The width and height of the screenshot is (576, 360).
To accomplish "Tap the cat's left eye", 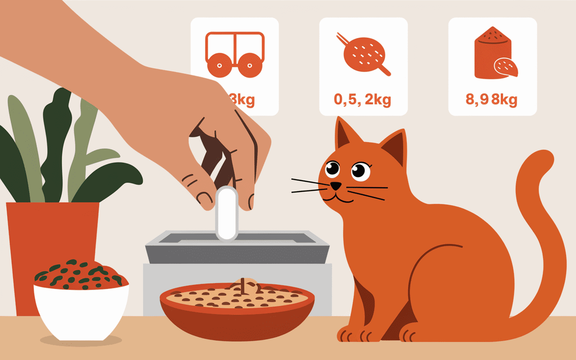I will (333, 168).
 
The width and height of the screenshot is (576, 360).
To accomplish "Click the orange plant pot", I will (53, 234).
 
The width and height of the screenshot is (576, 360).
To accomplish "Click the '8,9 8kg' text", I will (491, 99).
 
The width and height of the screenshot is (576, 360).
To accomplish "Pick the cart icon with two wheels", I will (234, 54).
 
